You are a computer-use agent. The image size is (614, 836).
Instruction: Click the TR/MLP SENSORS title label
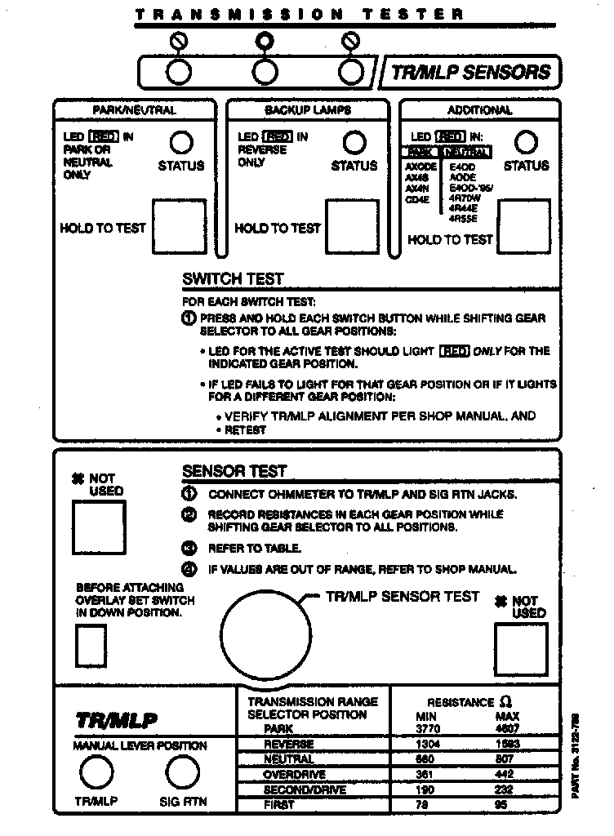[x=471, y=72]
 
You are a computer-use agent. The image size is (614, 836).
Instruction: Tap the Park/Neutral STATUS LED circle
[x=181, y=143]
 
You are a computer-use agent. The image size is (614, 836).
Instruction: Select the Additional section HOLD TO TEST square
[x=524, y=225]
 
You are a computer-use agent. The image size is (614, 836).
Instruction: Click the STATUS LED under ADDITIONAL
[x=527, y=143]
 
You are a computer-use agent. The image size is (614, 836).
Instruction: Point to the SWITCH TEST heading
[x=233, y=279]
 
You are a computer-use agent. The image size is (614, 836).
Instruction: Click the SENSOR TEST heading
[x=234, y=471]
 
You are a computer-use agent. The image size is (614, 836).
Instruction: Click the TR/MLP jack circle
[x=96, y=772]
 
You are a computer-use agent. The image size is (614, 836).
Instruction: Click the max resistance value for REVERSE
[x=507, y=745]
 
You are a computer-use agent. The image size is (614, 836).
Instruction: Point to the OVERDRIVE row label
[x=295, y=775]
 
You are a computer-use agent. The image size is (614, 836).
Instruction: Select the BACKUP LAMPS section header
[x=309, y=110]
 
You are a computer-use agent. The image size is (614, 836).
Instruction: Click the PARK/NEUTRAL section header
[x=135, y=110]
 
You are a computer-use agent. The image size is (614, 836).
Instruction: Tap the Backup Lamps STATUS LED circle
[x=354, y=143]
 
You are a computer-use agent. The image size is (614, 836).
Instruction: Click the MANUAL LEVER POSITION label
[x=140, y=745]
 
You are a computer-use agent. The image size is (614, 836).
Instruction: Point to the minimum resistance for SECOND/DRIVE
[x=426, y=789]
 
